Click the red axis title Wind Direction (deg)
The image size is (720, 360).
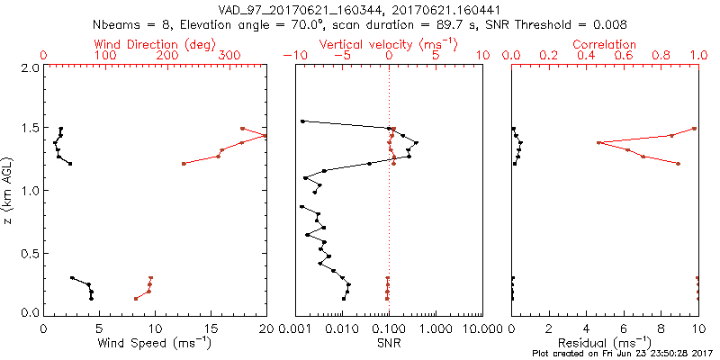pos(155,44)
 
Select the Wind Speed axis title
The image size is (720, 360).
pos(155,345)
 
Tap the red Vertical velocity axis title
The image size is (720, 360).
pos(389,44)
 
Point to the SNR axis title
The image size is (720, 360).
pos(389,345)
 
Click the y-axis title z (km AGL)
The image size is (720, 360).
pos(7,190)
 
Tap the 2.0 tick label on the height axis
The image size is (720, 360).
pos(29,67)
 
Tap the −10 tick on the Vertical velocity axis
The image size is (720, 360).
pos(294,56)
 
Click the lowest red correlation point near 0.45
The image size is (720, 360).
pos(598,142)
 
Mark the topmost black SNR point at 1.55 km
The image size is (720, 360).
pos(302,121)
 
